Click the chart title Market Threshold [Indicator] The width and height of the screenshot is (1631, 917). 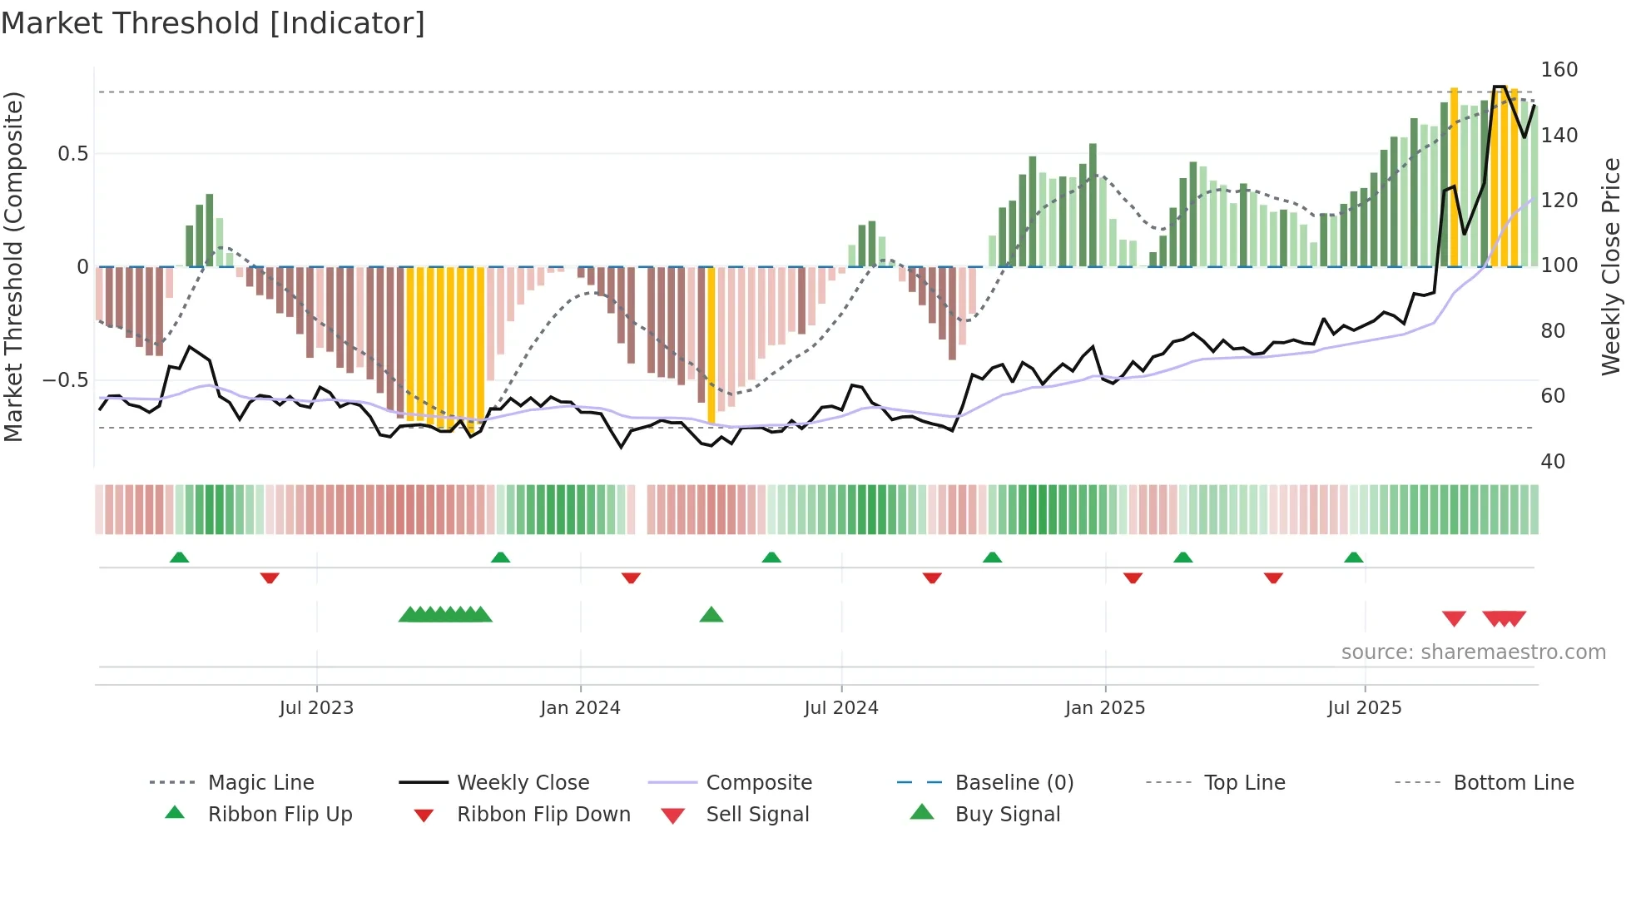(213, 23)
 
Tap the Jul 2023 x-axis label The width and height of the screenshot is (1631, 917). (316, 708)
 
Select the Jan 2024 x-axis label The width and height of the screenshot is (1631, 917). (580, 708)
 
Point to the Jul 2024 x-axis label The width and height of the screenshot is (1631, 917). (841, 708)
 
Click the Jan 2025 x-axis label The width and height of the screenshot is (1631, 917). (1105, 708)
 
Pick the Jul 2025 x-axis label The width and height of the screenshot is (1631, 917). (1365, 708)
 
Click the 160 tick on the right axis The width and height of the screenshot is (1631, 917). (1559, 70)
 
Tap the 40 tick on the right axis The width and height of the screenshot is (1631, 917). (1553, 462)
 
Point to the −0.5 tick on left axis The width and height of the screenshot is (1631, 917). (65, 380)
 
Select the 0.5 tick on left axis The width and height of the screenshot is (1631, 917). (72, 154)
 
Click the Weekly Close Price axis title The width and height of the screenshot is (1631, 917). (1611, 266)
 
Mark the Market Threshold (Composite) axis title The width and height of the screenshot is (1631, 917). (13, 266)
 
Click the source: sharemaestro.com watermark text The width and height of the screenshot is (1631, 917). (1473, 652)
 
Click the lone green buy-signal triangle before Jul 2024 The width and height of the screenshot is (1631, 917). (711, 616)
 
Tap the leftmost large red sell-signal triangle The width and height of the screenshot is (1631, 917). (1454, 618)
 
